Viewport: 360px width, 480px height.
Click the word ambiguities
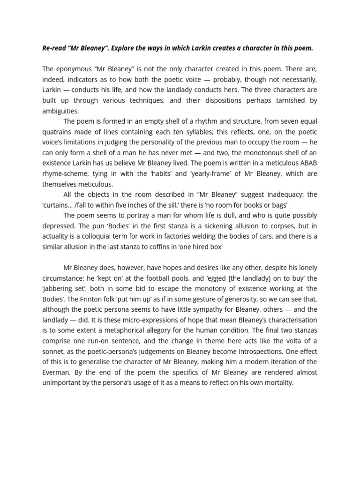[60, 111]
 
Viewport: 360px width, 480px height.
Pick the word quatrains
[58, 132]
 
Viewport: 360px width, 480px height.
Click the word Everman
[58, 372]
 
